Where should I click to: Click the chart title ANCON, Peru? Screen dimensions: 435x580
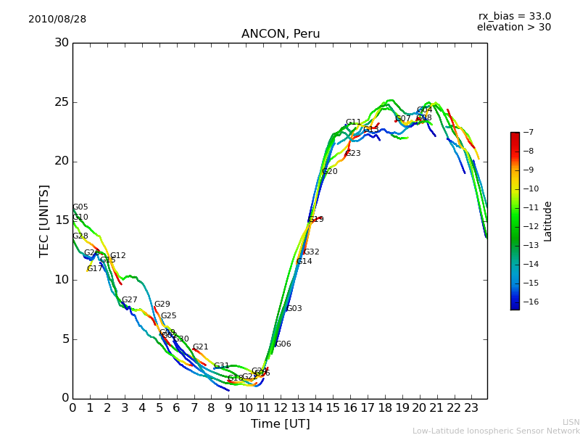point(281,34)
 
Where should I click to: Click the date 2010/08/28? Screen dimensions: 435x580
point(57,20)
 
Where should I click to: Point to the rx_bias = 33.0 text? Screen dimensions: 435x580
point(514,16)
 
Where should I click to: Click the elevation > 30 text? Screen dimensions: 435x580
point(513,28)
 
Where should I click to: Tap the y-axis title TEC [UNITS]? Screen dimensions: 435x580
point(45,220)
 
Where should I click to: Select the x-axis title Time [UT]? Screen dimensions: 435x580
point(280,423)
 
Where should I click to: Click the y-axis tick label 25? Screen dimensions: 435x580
point(62,102)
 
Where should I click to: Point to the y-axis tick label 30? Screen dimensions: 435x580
point(62,43)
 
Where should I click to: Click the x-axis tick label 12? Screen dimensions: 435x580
point(281,407)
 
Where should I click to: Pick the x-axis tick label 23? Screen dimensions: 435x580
point(471,407)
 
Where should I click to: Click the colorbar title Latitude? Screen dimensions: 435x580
point(548,221)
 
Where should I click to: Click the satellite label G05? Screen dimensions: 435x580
point(80,207)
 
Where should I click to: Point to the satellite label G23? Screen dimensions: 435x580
point(353,154)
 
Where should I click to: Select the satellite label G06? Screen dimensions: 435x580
point(283,344)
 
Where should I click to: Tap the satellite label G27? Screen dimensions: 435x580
point(130,300)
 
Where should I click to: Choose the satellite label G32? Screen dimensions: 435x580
point(312,252)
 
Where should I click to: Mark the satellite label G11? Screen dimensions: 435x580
point(353,123)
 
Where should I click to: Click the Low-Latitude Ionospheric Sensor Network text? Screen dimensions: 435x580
point(496,431)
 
